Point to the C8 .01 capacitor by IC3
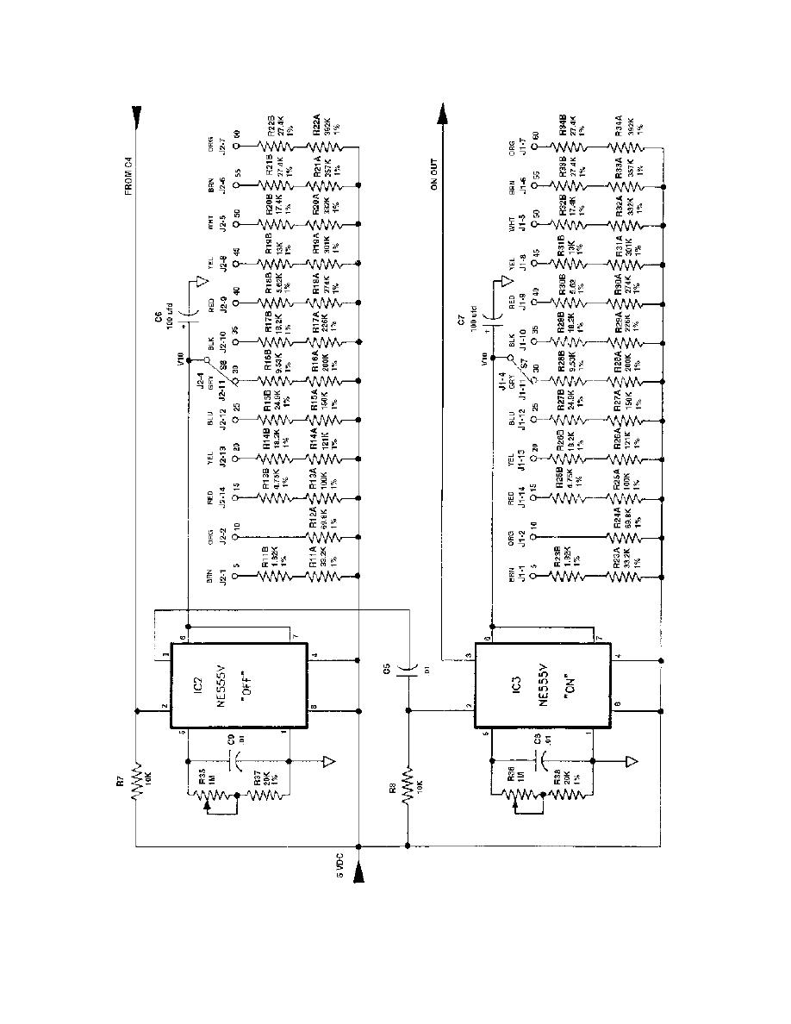click(539, 762)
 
